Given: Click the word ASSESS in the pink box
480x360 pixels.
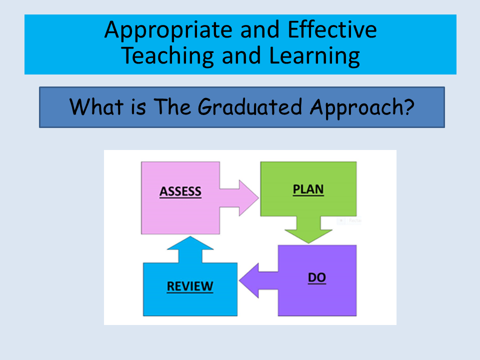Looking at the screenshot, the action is coord(180,191).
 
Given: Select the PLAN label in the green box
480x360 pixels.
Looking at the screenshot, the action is coord(308,189).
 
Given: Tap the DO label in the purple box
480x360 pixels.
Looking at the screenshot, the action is coord(317,277).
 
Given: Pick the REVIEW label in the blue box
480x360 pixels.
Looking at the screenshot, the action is coord(190,286).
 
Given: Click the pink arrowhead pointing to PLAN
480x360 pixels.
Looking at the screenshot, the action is coord(248,198).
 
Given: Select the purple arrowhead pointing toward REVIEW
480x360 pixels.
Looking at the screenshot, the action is coord(249,280).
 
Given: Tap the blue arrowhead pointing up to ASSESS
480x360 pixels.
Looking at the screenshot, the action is coord(190,243).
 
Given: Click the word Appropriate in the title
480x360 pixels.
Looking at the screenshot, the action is coord(168,30).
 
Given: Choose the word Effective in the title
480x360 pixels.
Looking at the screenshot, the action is coord(332,29).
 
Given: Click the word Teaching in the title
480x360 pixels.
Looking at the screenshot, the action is coord(167,56).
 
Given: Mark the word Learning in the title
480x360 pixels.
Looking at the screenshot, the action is coord(314,56).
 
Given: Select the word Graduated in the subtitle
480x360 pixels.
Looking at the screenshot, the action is coord(250,107).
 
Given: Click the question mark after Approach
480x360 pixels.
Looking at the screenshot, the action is coord(408,106).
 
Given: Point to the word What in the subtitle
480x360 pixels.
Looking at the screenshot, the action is coord(96,106).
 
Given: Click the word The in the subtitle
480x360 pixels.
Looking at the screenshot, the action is coord(172,106).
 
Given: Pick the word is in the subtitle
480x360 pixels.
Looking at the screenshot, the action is coord(138,107).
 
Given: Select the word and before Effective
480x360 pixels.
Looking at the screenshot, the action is coord(260,29).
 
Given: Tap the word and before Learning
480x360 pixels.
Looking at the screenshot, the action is coord(241,55).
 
